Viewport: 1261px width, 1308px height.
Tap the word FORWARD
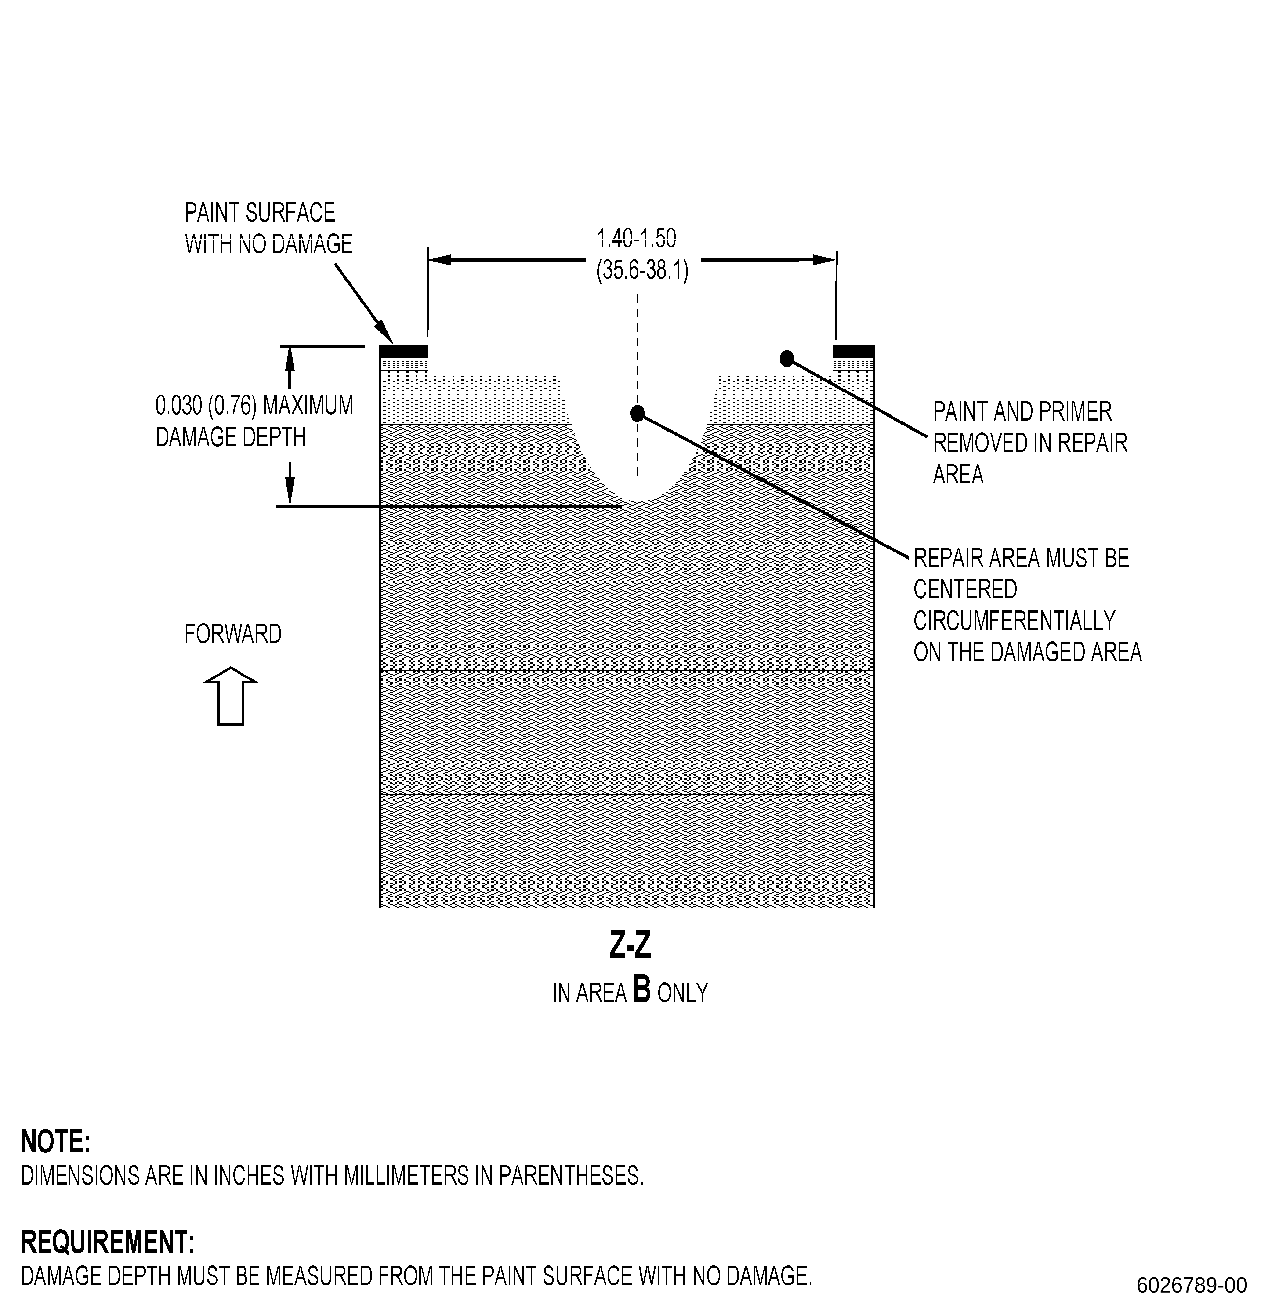[x=233, y=634]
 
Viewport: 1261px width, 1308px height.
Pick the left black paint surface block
[x=403, y=351]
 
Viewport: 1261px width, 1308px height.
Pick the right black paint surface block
[x=853, y=351]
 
